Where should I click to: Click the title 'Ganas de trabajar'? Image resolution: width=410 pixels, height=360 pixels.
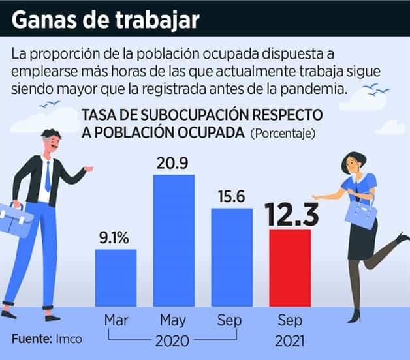click(x=106, y=20)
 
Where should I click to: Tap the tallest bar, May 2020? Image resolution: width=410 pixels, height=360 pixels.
click(x=174, y=241)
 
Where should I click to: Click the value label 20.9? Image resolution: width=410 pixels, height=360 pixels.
click(x=174, y=163)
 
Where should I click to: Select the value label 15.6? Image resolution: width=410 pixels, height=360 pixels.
click(x=231, y=196)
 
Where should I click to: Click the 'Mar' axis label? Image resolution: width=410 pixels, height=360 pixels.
click(x=116, y=320)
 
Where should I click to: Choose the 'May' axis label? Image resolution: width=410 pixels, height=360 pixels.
click(x=174, y=320)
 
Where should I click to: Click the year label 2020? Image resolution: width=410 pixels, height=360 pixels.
click(x=173, y=340)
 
